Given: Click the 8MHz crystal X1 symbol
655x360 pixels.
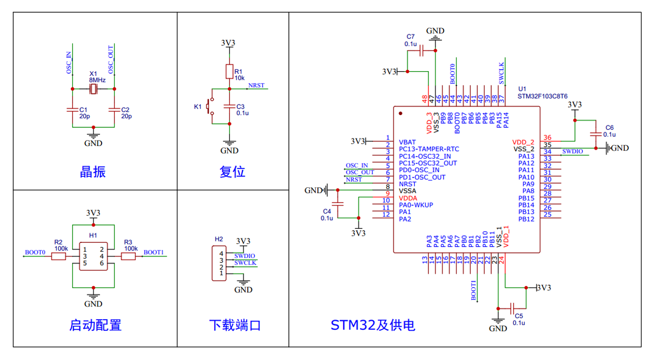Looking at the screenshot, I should click(93, 89).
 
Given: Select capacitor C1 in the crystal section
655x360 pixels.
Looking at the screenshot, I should click(72, 109).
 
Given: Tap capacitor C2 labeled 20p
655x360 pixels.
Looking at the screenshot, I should click(115, 109).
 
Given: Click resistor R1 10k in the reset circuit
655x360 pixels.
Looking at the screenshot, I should click(229, 72).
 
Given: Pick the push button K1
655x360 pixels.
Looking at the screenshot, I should click(211, 107).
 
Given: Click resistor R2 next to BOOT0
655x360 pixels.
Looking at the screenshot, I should click(59, 256).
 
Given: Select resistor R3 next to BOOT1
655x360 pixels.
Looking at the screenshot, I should click(129, 256).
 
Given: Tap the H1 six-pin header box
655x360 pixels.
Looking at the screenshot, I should click(93, 256).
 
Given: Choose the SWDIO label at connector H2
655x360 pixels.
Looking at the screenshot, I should click(245, 256).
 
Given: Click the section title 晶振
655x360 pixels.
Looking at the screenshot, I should click(93, 172).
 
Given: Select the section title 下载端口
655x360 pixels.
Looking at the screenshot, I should click(235, 325).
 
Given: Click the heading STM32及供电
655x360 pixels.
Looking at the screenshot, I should click(373, 325).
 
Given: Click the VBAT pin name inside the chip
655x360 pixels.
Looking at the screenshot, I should click(408, 142).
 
